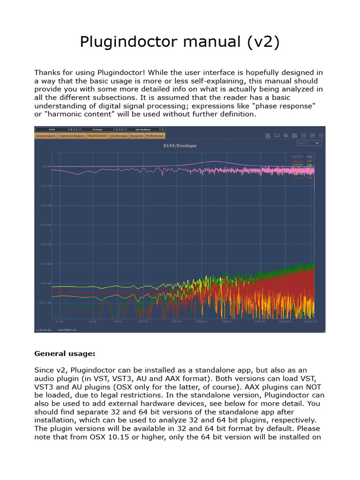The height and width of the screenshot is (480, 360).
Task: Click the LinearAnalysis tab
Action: (x=45, y=136)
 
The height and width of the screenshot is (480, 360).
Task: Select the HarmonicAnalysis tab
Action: (x=72, y=136)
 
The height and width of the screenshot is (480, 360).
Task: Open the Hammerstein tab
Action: (x=97, y=136)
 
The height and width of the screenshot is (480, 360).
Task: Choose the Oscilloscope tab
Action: (x=118, y=136)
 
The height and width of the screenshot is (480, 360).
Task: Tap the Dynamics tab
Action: (x=137, y=136)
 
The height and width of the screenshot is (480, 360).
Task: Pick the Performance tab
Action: (x=155, y=136)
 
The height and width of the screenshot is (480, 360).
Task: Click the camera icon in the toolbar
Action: (x=294, y=136)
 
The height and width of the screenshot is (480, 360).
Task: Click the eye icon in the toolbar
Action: (x=285, y=136)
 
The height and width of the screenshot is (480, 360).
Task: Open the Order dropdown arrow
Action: (x=317, y=142)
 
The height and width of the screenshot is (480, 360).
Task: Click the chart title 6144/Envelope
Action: (x=180, y=146)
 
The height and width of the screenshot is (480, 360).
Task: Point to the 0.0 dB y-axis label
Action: (x=46, y=166)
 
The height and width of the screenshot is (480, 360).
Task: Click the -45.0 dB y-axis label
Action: (x=46, y=225)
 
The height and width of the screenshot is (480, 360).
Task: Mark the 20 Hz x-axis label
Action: (x=59, y=322)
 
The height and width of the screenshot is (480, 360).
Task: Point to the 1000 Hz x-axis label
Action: (x=202, y=322)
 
